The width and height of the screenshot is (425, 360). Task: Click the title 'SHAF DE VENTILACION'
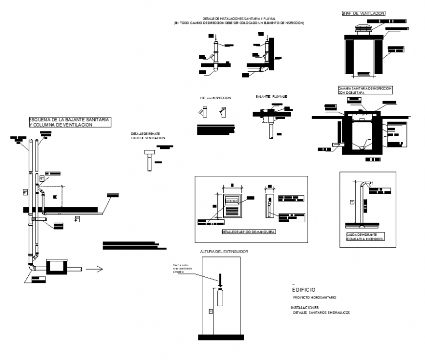[363, 13]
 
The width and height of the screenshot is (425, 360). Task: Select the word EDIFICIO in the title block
[303, 290]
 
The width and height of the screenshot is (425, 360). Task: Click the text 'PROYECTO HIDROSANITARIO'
[314, 297]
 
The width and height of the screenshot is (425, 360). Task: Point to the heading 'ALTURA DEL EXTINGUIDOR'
[224, 251]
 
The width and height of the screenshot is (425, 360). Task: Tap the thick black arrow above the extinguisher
[220, 280]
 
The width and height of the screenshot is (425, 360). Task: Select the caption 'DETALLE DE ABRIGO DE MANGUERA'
[249, 232]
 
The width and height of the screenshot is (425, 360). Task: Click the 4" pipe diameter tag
[25, 192]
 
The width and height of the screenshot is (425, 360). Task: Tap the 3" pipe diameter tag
[42, 178]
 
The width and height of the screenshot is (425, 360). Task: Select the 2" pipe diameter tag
[77, 219]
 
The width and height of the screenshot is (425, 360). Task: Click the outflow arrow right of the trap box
[93, 268]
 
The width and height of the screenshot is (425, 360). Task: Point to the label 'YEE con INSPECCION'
[215, 98]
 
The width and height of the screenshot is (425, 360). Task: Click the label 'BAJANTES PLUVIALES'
[272, 97]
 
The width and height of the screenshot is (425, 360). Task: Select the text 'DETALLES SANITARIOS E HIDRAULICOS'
[321, 312]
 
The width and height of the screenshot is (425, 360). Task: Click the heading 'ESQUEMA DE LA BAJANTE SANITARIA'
[69, 120]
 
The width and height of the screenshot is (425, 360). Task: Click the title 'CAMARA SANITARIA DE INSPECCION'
[364, 88]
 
